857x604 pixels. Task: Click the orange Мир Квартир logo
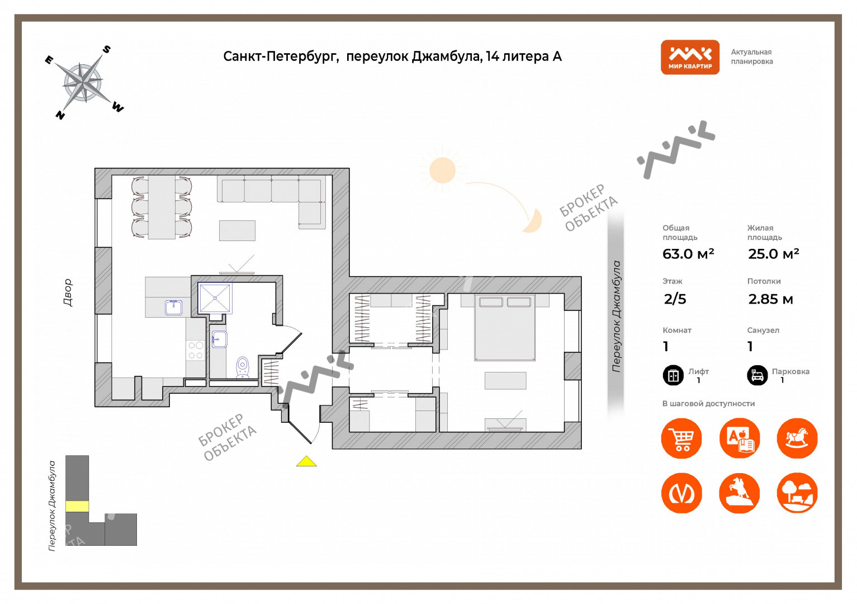(x=690, y=57)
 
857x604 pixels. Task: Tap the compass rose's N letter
(x=60, y=115)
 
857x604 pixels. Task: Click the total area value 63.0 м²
(x=688, y=254)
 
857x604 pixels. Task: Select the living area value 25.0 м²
(x=773, y=254)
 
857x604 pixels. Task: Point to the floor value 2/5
(x=675, y=299)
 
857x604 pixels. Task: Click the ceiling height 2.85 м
(x=770, y=299)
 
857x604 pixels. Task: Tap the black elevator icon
(x=673, y=375)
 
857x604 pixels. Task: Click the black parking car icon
(x=757, y=375)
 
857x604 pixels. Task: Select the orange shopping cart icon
(x=681, y=438)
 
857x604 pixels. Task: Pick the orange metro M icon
(x=681, y=493)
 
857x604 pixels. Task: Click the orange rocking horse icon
(x=797, y=438)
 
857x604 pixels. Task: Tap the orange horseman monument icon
(x=739, y=493)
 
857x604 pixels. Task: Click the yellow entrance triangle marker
(x=306, y=461)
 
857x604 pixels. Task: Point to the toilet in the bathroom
(x=243, y=367)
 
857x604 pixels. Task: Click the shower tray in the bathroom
(x=215, y=298)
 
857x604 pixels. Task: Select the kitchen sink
(x=173, y=308)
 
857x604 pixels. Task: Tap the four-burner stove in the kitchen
(x=196, y=351)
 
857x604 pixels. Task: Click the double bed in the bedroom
(x=505, y=328)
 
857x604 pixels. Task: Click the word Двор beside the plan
(x=68, y=292)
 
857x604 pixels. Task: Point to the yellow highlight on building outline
(x=77, y=506)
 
